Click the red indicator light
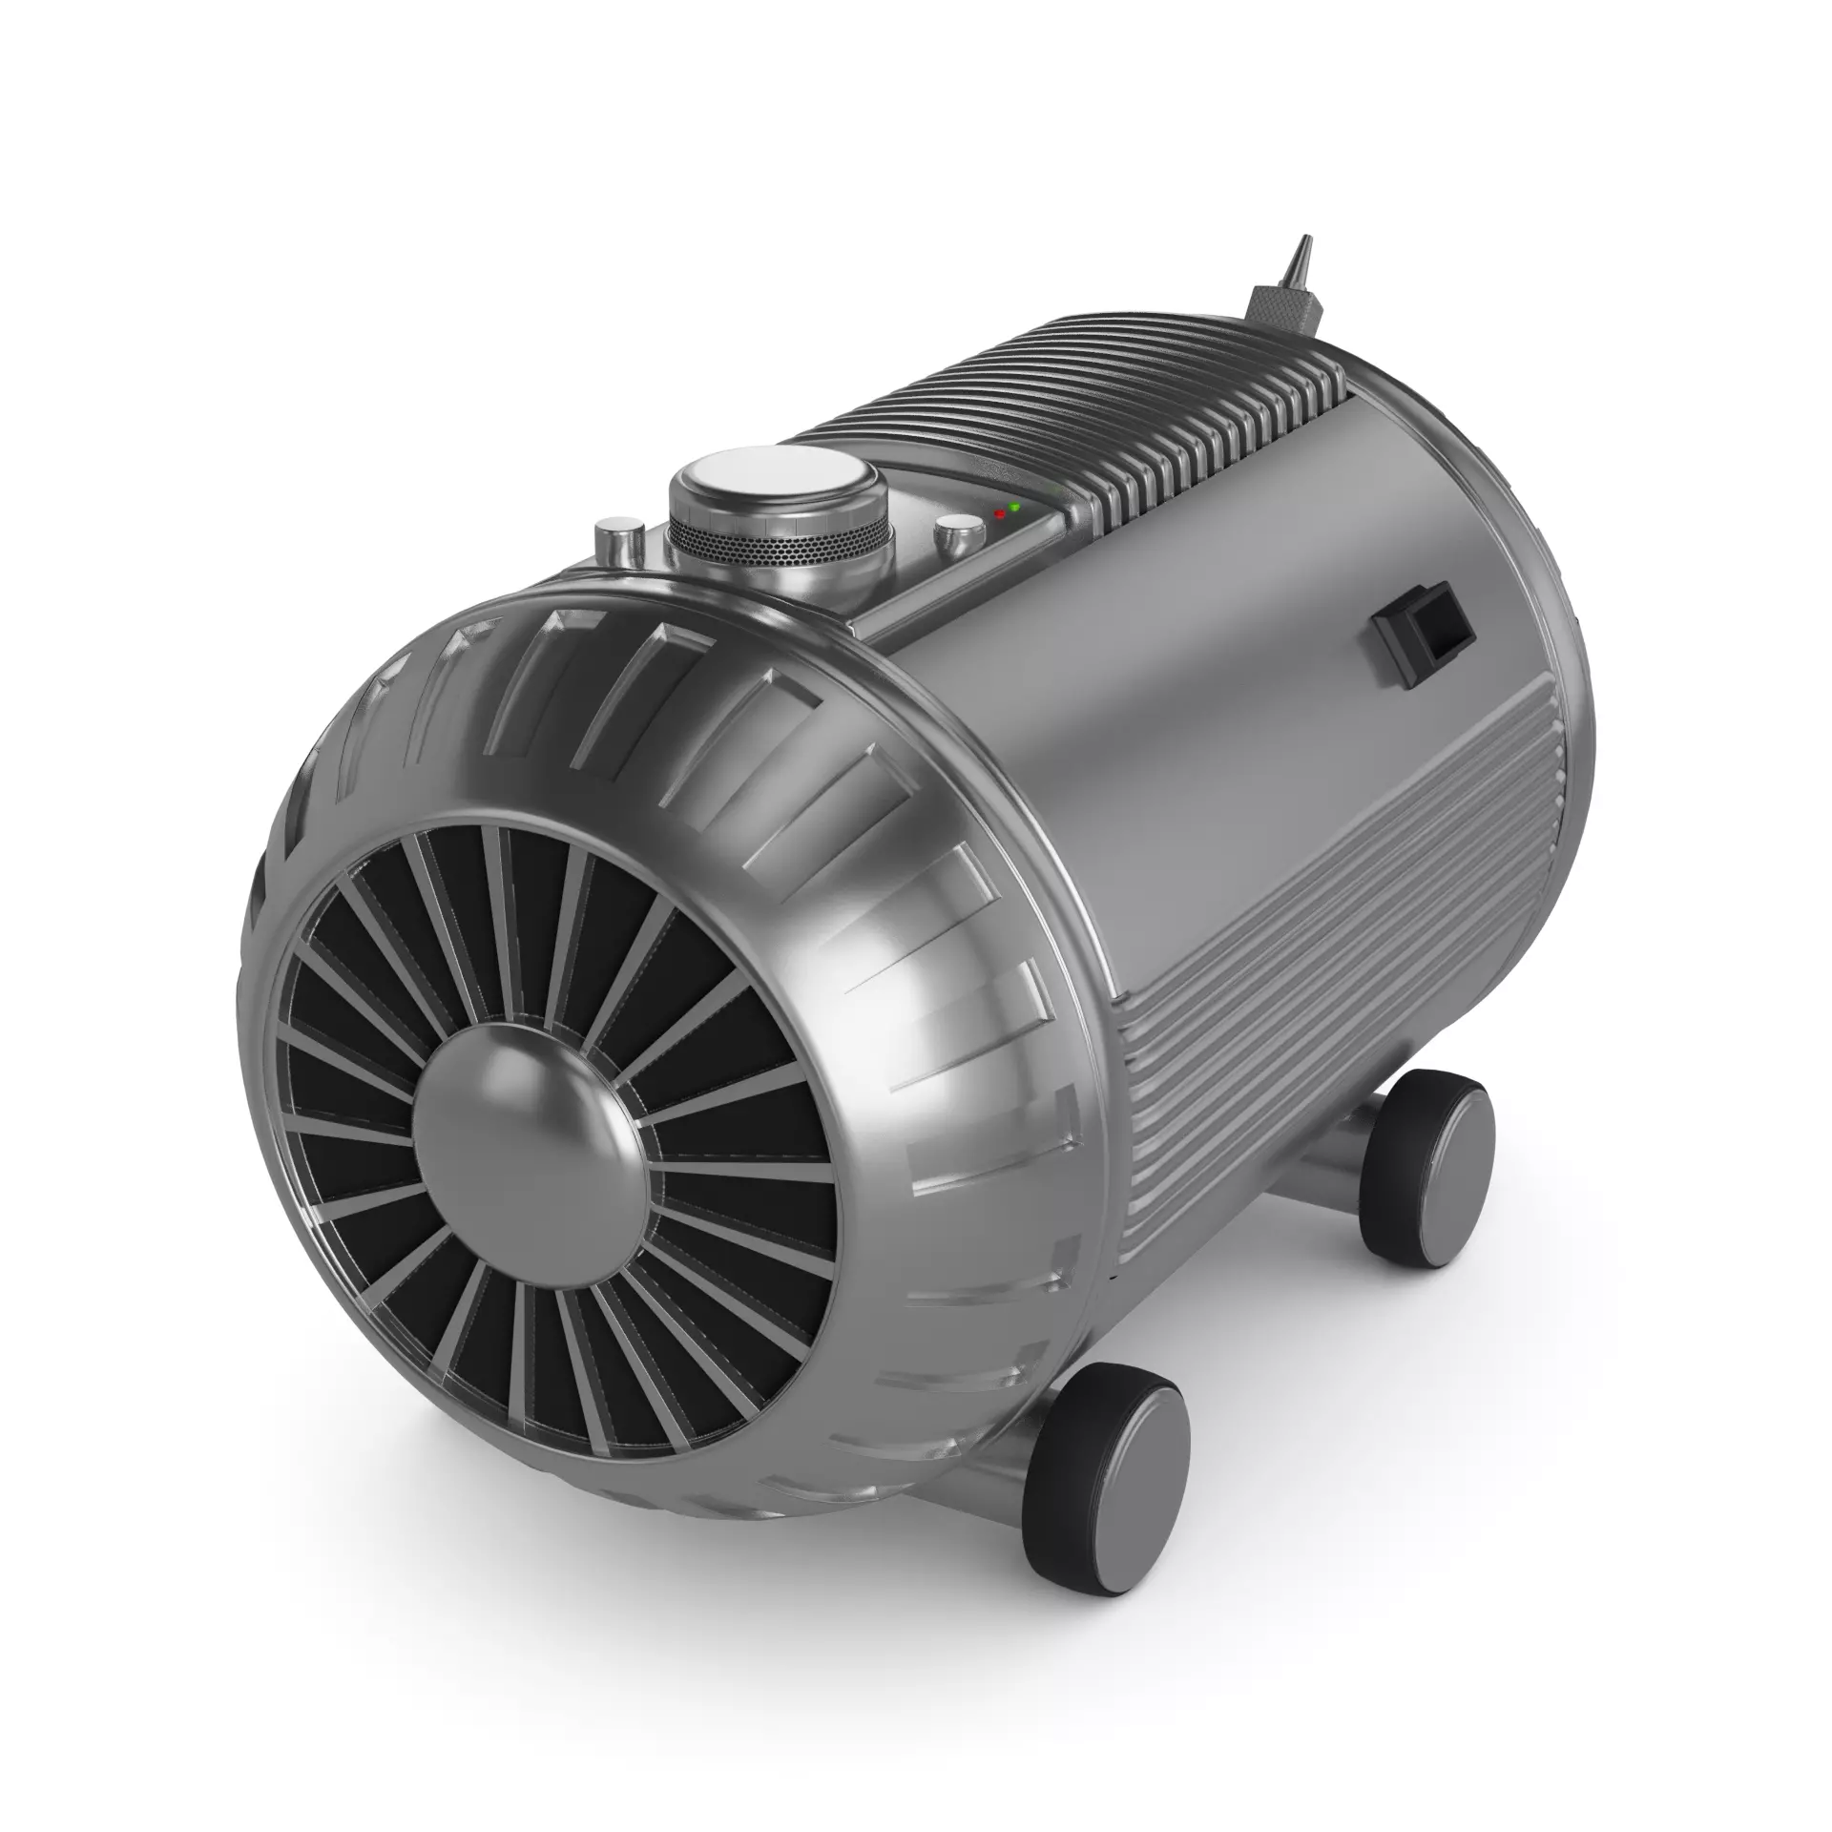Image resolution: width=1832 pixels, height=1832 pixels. pyautogui.click(x=999, y=513)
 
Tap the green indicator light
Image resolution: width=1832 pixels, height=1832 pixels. pyautogui.click(x=1015, y=506)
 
